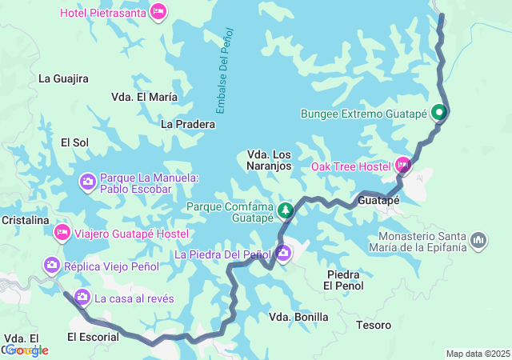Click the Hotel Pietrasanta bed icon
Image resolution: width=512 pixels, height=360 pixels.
click(x=158, y=12)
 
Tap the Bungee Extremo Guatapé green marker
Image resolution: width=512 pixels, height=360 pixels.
click(x=438, y=114)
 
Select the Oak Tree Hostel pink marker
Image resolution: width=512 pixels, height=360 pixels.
click(x=402, y=166)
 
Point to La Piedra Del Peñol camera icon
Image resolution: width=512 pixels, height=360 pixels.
click(x=284, y=254)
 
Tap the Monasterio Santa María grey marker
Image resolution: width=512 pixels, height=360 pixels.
click(x=478, y=240)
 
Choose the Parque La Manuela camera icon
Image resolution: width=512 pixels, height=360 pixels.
click(x=87, y=182)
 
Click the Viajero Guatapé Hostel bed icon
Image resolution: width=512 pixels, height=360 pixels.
click(x=61, y=233)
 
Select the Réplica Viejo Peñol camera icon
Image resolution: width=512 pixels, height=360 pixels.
click(x=52, y=263)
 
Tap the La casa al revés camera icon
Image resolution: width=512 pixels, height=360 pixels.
click(x=82, y=298)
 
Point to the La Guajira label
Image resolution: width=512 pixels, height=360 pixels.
click(x=63, y=78)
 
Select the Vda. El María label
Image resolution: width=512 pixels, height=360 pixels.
click(x=144, y=97)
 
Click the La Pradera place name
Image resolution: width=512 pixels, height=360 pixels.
click(x=188, y=124)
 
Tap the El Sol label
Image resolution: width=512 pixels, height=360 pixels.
click(x=75, y=142)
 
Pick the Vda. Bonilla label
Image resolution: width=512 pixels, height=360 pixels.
click(x=298, y=317)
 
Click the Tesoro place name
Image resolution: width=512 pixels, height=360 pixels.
click(x=374, y=325)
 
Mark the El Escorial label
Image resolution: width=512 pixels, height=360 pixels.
click(x=93, y=337)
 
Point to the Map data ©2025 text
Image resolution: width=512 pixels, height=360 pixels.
click(x=477, y=354)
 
